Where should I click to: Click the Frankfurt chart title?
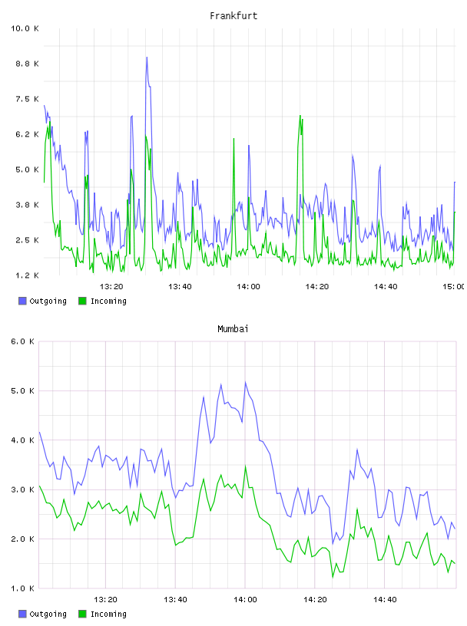tap(233, 16)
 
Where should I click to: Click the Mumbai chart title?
tap(233, 329)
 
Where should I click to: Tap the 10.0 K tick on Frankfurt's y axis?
tap(25, 28)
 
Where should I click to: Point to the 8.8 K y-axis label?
tap(27, 64)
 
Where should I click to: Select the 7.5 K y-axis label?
tap(27, 99)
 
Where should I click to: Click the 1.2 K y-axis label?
tap(27, 275)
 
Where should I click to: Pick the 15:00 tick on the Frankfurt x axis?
tap(453, 287)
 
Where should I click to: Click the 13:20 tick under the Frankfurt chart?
tap(111, 287)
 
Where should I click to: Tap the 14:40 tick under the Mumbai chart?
tap(385, 600)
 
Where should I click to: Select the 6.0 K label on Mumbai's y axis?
tap(22, 341)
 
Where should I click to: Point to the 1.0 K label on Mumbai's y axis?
tap(22, 588)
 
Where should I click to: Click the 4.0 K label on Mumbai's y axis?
tap(22, 440)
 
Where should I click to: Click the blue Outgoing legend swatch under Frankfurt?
tap(22, 301)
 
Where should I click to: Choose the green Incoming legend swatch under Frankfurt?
tap(82, 301)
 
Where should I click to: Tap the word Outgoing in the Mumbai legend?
tap(48, 614)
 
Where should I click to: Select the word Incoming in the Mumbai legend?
tap(108, 614)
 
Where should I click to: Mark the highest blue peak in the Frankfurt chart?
tap(147, 57)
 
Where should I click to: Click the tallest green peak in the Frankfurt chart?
tap(300, 116)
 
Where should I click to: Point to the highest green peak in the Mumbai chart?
tap(246, 466)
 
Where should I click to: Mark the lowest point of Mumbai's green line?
tap(333, 577)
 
